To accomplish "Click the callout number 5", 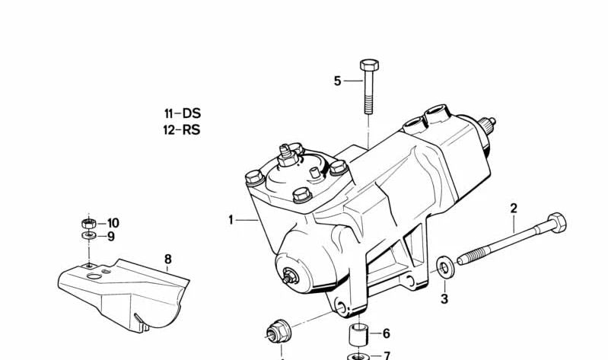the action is [x=337, y=81].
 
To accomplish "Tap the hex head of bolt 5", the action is [x=369, y=65].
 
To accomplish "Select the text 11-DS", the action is [x=182, y=113].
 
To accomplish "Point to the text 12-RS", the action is [x=182, y=129].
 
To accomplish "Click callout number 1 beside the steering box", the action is [x=231, y=221].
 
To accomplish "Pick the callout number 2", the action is [x=514, y=209].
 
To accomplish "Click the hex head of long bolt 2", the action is [x=557, y=222].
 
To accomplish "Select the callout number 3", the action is [x=444, y=298].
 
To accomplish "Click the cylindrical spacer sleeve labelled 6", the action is [x=358, y=334].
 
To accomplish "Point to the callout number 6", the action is [x=387, y=333].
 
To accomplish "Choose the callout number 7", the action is [x=387, y=355].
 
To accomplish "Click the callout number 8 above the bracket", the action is [x=168, y=259].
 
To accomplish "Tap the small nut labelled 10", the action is [x=89, y=224].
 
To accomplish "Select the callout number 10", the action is [x=113, y=223].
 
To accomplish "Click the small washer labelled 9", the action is [x=89, y=235].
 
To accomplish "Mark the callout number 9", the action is [x=111, y=236].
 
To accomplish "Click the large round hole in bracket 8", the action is [x=94, y=276].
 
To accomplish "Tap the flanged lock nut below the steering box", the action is [x=279, y=332].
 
